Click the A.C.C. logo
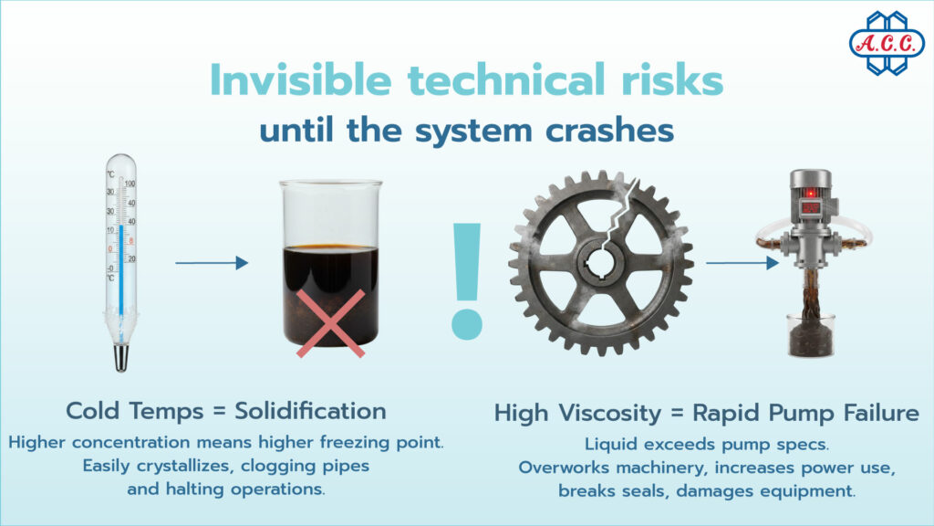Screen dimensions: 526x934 (x=886, y=43)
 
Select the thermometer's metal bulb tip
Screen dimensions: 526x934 (x=120, y=357)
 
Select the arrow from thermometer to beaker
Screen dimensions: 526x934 (x=211, y=263)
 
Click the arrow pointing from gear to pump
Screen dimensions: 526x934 (x=742, y=264)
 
